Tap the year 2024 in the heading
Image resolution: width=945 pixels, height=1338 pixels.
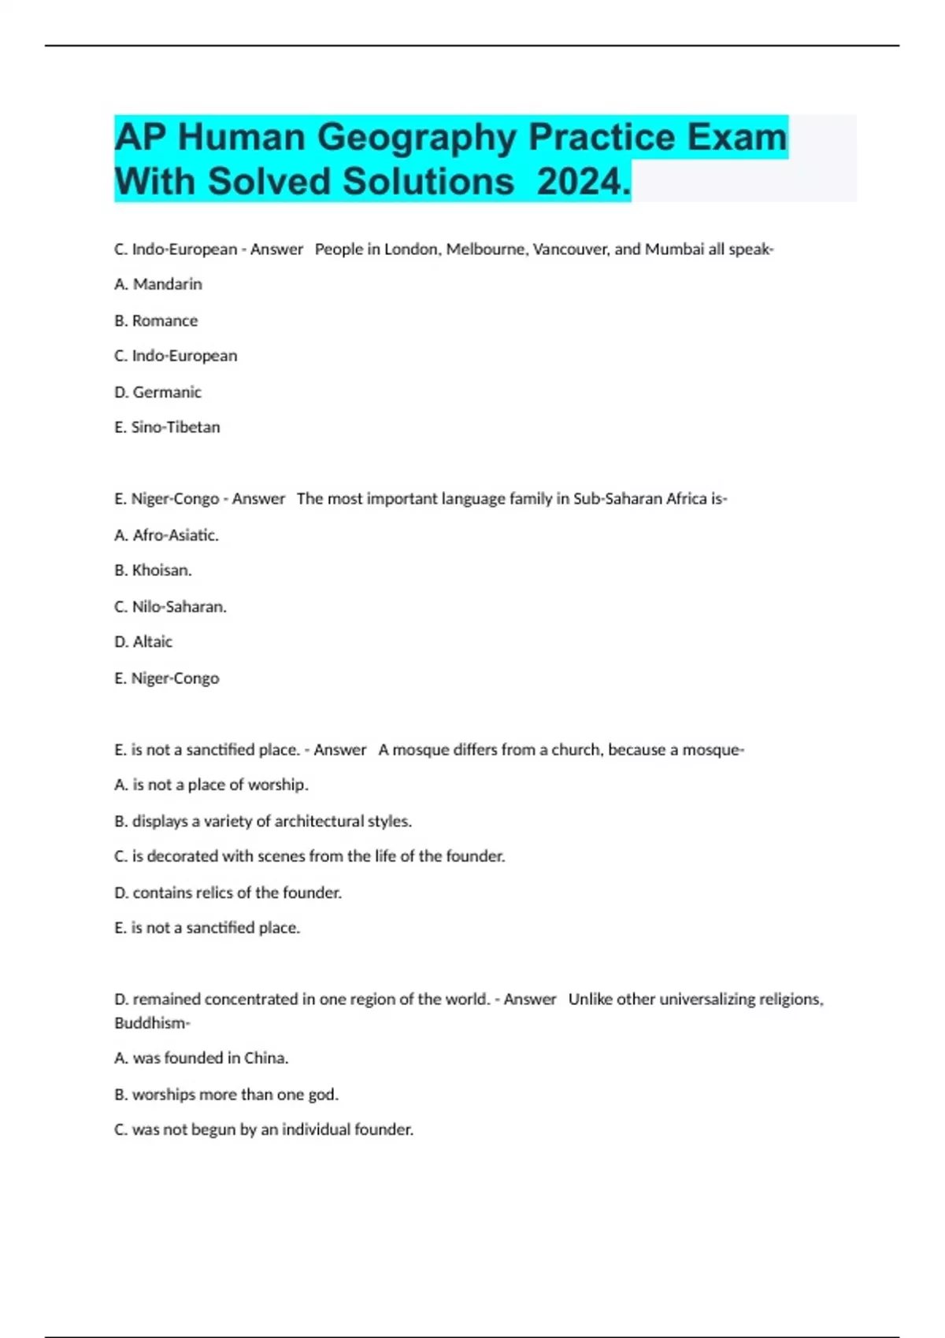584,182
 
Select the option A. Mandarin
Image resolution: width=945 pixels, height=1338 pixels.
158,284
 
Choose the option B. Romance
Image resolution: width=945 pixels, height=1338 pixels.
156,320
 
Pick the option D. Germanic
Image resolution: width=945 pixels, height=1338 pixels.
157,392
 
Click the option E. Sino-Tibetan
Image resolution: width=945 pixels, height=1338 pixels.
167,427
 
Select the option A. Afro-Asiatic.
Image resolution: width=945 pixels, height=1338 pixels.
166,535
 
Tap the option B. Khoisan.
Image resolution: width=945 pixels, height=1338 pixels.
153,570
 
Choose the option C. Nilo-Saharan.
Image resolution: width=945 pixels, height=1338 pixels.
170,607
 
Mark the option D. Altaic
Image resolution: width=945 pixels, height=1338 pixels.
143,641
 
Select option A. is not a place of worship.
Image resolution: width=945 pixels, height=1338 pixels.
211,785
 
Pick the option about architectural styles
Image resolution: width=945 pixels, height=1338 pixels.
263,821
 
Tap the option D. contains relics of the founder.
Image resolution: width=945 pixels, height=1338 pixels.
228,893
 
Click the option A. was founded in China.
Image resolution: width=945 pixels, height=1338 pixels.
202,1058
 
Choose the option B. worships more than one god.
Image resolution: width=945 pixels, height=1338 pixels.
226,1094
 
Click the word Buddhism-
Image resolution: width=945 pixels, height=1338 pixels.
152,1023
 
